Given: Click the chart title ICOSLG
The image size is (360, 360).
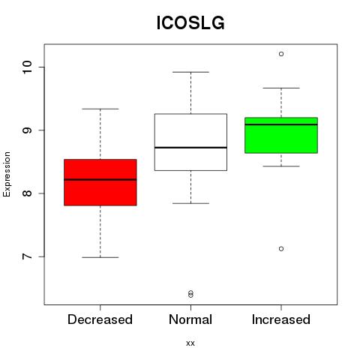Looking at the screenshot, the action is click(x=190, y=23).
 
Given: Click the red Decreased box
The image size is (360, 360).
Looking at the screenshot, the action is click(x=100, y=182).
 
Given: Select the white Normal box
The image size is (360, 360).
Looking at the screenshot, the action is click(x=190, y=142).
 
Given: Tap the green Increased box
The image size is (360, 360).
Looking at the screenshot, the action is click(x=281, y=135).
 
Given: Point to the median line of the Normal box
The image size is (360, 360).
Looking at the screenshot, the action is click(x=190, y=148).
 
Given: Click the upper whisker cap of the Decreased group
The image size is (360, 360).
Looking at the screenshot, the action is click(x=100, y=109).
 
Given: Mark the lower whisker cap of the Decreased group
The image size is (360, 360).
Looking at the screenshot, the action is click(x=100, y=257).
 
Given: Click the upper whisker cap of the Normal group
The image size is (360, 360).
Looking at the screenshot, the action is click(x=190, y=72).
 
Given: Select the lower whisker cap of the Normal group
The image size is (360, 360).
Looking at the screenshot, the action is click(x=190, y=203).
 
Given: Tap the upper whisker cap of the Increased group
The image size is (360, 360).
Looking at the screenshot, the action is click(x=281, y=88).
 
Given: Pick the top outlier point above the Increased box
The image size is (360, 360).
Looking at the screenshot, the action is click(x=281, y=54).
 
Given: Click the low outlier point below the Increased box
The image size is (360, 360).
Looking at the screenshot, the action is click(x=281, y=249).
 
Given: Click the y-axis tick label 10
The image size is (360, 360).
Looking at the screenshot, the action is click(x=27, y=67).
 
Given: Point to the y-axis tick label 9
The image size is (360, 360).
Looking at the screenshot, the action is click(x=27, y=130).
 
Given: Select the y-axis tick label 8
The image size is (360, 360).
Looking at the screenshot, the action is click(x=27, y=193).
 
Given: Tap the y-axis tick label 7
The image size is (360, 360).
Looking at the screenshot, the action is click(x=27, y=256).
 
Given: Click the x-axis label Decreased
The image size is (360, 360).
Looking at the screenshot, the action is click(x=100, y=319).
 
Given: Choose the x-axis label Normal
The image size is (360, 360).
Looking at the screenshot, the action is click(x=190, y=319).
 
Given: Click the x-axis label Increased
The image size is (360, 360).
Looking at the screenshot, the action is click(x=281, y=319).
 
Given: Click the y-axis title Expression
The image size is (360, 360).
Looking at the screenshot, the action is click(x=7, y=174).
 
